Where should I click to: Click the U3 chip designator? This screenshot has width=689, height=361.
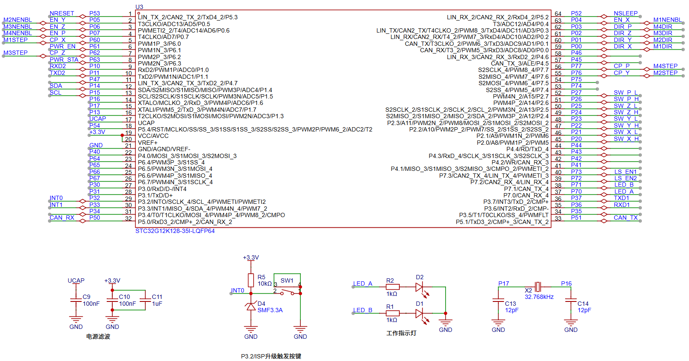[x=139, y=7]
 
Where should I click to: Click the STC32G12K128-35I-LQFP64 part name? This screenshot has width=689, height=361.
[x=175, y=231]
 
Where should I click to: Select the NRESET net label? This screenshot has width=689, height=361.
[x=62, y=13]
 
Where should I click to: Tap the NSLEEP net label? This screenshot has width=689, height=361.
[x=625, y=13]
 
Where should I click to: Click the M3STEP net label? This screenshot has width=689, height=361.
[x=15, y=53]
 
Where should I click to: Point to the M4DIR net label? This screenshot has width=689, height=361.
[x=662, y=27]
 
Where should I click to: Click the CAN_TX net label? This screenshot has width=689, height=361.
[x=625, y=218]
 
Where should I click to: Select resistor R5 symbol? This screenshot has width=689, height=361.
[x=251, y=280]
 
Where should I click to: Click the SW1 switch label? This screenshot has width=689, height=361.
[x=287, y=280]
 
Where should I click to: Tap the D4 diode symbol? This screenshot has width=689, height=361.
[x=251, y=306]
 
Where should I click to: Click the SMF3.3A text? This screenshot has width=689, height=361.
[x=270, y=310]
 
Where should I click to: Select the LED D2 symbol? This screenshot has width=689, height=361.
[x=420, y=287]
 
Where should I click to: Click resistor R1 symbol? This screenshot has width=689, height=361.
[x=392, y=313]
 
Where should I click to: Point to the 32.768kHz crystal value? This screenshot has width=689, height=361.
[x=539, y=297]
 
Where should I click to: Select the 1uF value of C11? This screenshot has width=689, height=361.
[x=157, y=304]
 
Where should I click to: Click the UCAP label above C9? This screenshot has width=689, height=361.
[x=76, y=280]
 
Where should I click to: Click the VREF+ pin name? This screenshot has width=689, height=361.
[x=147, y=143]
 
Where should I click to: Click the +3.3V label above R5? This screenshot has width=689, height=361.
[x=251, y=257]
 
